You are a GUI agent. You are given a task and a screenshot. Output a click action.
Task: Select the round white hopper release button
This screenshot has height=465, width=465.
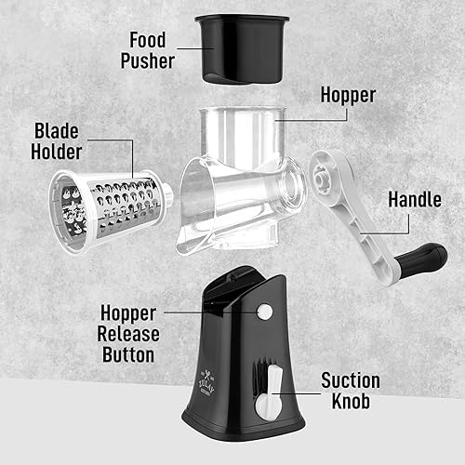pyautogui.click(x=265, y=312)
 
